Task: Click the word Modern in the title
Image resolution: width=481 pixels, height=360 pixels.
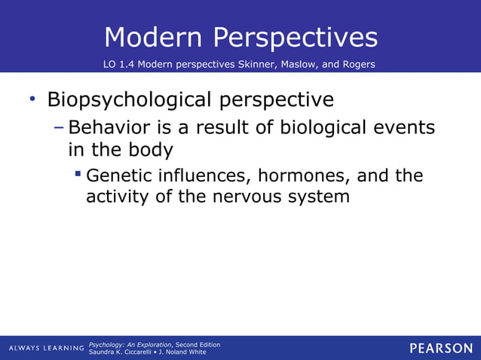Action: [x=153, y=37]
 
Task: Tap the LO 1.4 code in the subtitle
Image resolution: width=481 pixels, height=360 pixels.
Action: [x=121, y=64]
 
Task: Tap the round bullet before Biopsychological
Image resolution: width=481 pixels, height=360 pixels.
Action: [x=32, y=99]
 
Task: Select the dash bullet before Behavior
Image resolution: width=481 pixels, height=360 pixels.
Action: [x=60, y=127]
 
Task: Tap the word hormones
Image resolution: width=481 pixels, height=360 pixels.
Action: [x=305, y=176]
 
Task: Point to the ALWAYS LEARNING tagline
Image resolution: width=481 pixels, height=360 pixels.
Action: [x=46, y=348]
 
